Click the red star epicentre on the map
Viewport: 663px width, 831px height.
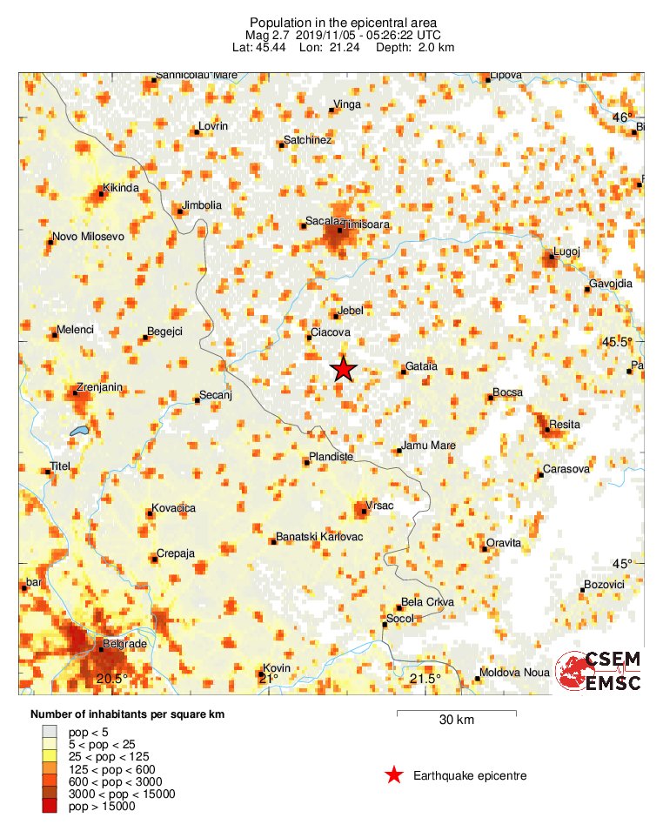tap(344, 369)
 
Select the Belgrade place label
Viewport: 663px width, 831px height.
tap(124, 645)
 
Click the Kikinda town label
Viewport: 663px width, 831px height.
tap(120, 188)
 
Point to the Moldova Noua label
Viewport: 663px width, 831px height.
tap(516, 673)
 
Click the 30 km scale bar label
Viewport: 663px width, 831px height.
tap(456, 720)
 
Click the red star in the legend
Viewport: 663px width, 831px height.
tap(394, 775)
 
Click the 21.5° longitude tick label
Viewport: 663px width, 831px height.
tap(425, 679)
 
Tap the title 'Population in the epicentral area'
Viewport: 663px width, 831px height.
tap(343, 22)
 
